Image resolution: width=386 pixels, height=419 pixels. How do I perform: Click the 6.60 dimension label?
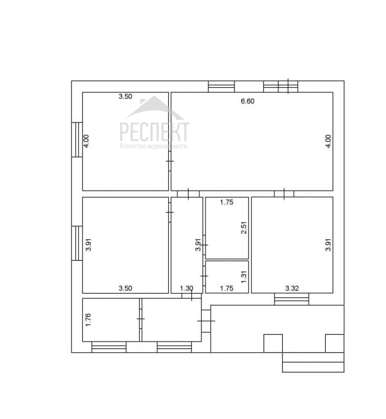coord(248,101)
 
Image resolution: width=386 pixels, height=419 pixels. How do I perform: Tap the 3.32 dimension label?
coord(292,288)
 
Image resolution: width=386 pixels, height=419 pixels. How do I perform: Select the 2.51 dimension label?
coord(244,228)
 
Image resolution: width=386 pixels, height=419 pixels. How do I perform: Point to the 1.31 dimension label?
coord(244,277)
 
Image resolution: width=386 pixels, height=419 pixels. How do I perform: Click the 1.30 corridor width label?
coord(187,288)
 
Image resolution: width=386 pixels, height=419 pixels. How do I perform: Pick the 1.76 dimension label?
coord(88,320)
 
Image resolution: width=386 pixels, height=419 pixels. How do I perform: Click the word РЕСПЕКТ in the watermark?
coord(155,131)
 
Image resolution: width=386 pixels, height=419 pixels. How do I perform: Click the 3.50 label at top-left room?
coord(125,96)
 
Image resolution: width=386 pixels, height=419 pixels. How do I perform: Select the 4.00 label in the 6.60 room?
coord(328,141)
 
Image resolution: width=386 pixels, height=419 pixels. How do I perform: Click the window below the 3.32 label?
coord(292,299)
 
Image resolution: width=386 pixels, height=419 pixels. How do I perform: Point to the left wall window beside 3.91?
coord(77,243)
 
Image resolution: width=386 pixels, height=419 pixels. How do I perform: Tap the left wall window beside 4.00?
coord(77,140)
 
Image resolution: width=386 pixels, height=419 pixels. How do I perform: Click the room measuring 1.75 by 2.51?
coord(227,228)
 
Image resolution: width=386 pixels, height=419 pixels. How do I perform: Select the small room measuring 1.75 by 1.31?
coord(227,277)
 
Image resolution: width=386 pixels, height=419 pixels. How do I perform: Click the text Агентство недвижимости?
coord(153,146)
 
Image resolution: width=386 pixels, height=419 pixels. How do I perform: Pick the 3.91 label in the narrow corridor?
coord(198,245)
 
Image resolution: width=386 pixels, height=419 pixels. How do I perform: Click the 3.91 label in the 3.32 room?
coord(328,245)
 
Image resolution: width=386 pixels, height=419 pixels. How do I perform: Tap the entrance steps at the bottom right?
coord(313,362)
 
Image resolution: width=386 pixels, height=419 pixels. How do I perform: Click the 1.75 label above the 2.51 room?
coord(227,202)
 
